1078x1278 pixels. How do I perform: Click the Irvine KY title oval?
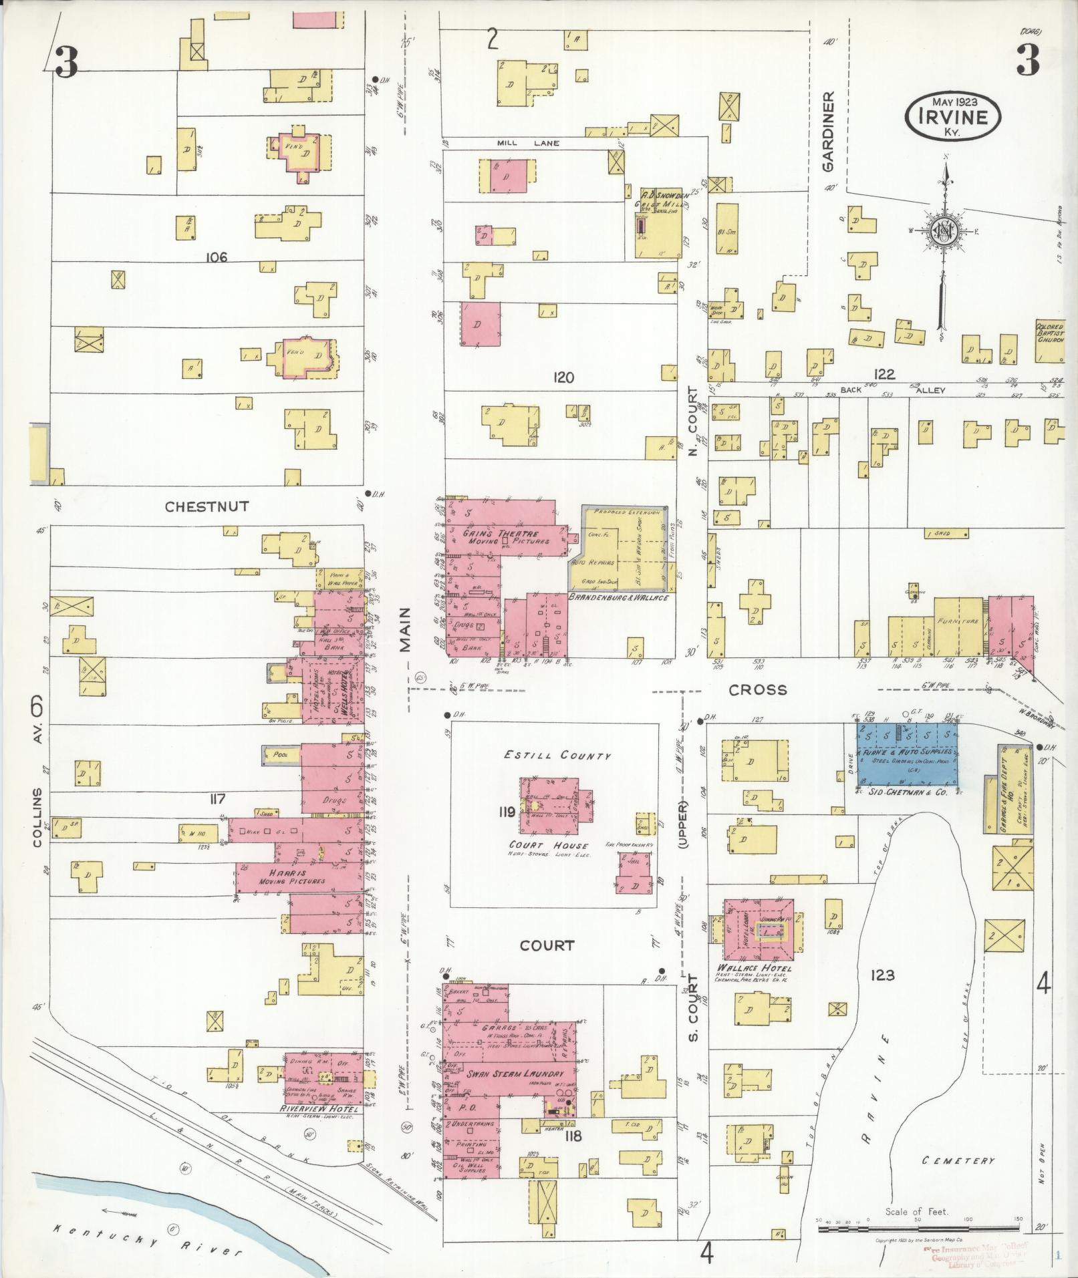(x=953, y=116)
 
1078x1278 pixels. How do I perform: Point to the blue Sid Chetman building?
(x=908, y=754)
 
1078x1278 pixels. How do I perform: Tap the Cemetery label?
(x=958, y=1160)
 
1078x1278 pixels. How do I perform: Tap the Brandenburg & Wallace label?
(x=619, y=597)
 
